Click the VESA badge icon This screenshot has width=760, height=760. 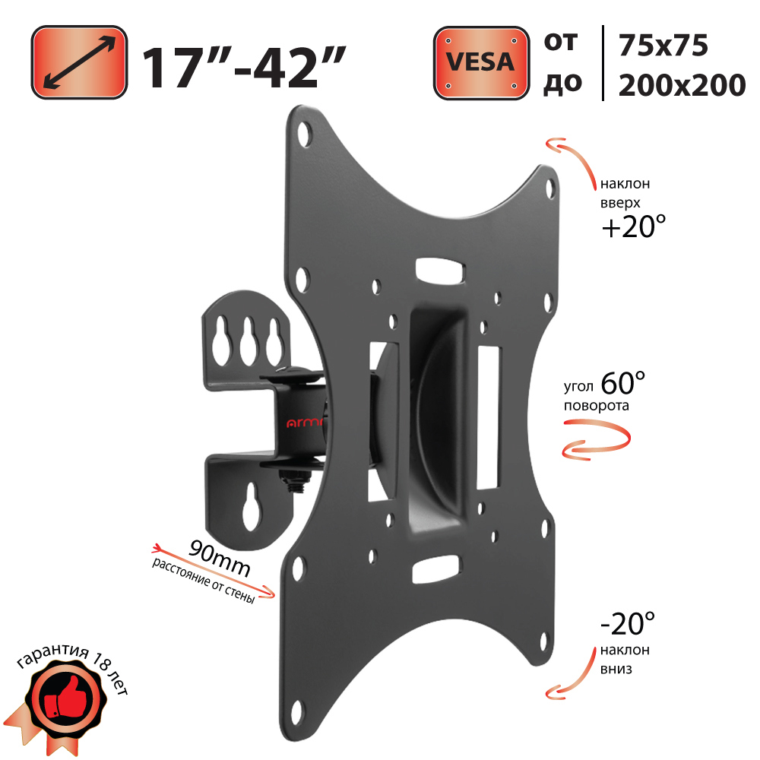[x=481, y=63]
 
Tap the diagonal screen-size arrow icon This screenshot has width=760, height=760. [x=79, y=62]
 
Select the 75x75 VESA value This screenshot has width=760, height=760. [x=663, y=46]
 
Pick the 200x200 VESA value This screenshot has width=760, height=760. [x=682, y=85]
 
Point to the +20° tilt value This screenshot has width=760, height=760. [x=634, y=226]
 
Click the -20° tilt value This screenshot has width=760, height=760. [x=628, y=623]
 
